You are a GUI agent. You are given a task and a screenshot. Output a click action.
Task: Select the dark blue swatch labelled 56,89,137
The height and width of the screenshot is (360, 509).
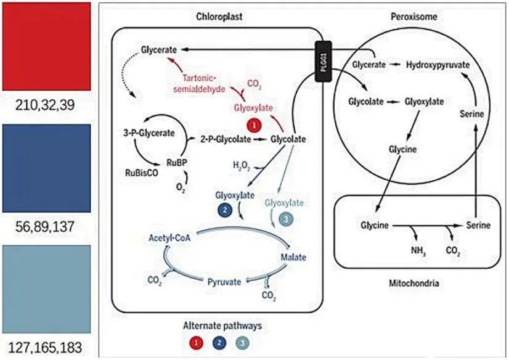(x=46, y=168)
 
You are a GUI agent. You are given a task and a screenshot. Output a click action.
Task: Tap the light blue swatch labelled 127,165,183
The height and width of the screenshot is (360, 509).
(x=46, y=288)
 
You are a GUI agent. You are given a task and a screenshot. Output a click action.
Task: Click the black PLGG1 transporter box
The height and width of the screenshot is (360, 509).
(x=324, y=62)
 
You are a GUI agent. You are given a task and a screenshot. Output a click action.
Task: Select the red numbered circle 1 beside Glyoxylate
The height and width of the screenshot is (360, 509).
(x=252, y=125)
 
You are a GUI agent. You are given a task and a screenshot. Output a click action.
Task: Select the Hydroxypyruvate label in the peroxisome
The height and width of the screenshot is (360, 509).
(x=438, y=64)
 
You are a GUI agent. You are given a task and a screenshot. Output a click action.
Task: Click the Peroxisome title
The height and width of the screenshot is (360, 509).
(x=413, y=17)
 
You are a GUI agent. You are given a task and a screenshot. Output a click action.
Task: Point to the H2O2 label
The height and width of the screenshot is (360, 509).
(x=242, y=165)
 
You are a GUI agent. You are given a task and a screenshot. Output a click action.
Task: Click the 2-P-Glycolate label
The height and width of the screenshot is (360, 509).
(x=226, y=139)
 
